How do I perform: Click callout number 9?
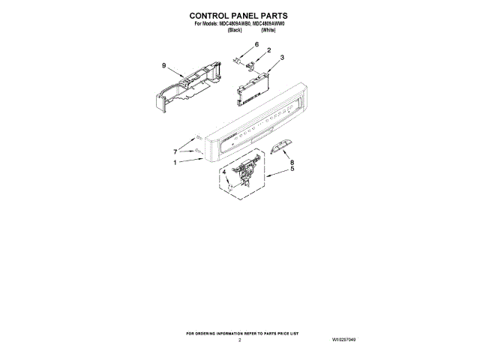coord(163,66)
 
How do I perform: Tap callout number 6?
coord(255,45)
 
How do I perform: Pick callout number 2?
coord(268,50)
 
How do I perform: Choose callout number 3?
coord(281,57)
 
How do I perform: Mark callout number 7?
coord(175,151)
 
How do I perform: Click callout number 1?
coord(175,163)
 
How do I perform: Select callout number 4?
coord(223,172)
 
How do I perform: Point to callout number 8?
coord(292,162)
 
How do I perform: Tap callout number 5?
coord(292,169)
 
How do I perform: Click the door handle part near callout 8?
coord(279,145)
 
